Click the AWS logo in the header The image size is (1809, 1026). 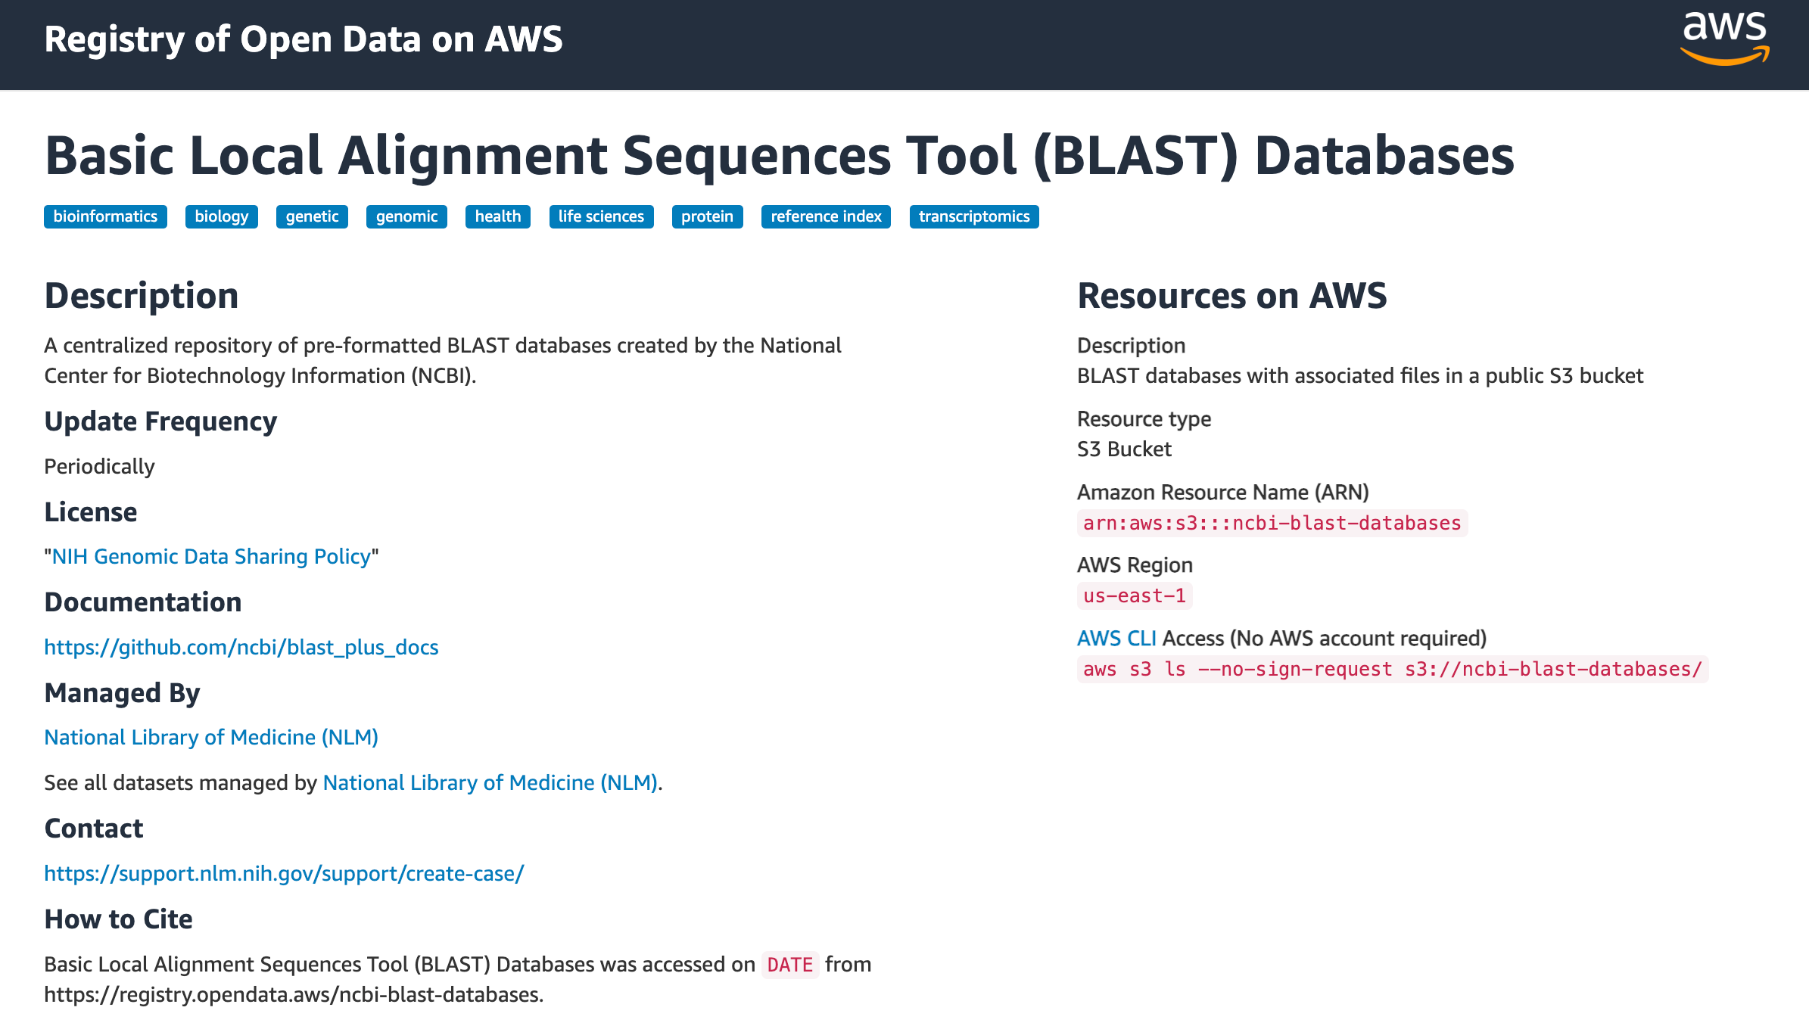tap(1724, 38)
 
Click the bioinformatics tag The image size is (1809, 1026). tap(105, 216)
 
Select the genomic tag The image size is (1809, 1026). tap(406, 216)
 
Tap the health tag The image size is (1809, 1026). tap(497, 216)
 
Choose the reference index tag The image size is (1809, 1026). tap(826, 216)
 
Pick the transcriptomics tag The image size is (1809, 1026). tap(973, 216)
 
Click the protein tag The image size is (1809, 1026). tap(707, 216)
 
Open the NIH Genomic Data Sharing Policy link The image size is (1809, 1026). tap(211, 556)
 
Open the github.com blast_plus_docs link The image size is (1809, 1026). tap(241, 647)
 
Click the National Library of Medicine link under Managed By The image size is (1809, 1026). tap(211, 737)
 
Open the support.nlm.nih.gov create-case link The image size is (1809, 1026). tap(284, 873)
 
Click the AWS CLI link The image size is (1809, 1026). tap(1116, 639)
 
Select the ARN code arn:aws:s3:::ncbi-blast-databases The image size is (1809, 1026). tap(1272, 523)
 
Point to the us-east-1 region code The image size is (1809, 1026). tap(1134, 595)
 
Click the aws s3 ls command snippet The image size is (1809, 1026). tap(1392, 669)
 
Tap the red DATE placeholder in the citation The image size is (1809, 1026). tap(789, 965)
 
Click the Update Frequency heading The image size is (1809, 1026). tap(160, 421)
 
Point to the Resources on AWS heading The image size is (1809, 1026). tap(1231, 295)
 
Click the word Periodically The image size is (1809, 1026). tap(99, 466)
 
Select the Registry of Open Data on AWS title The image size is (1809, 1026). tap(303, 39)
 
